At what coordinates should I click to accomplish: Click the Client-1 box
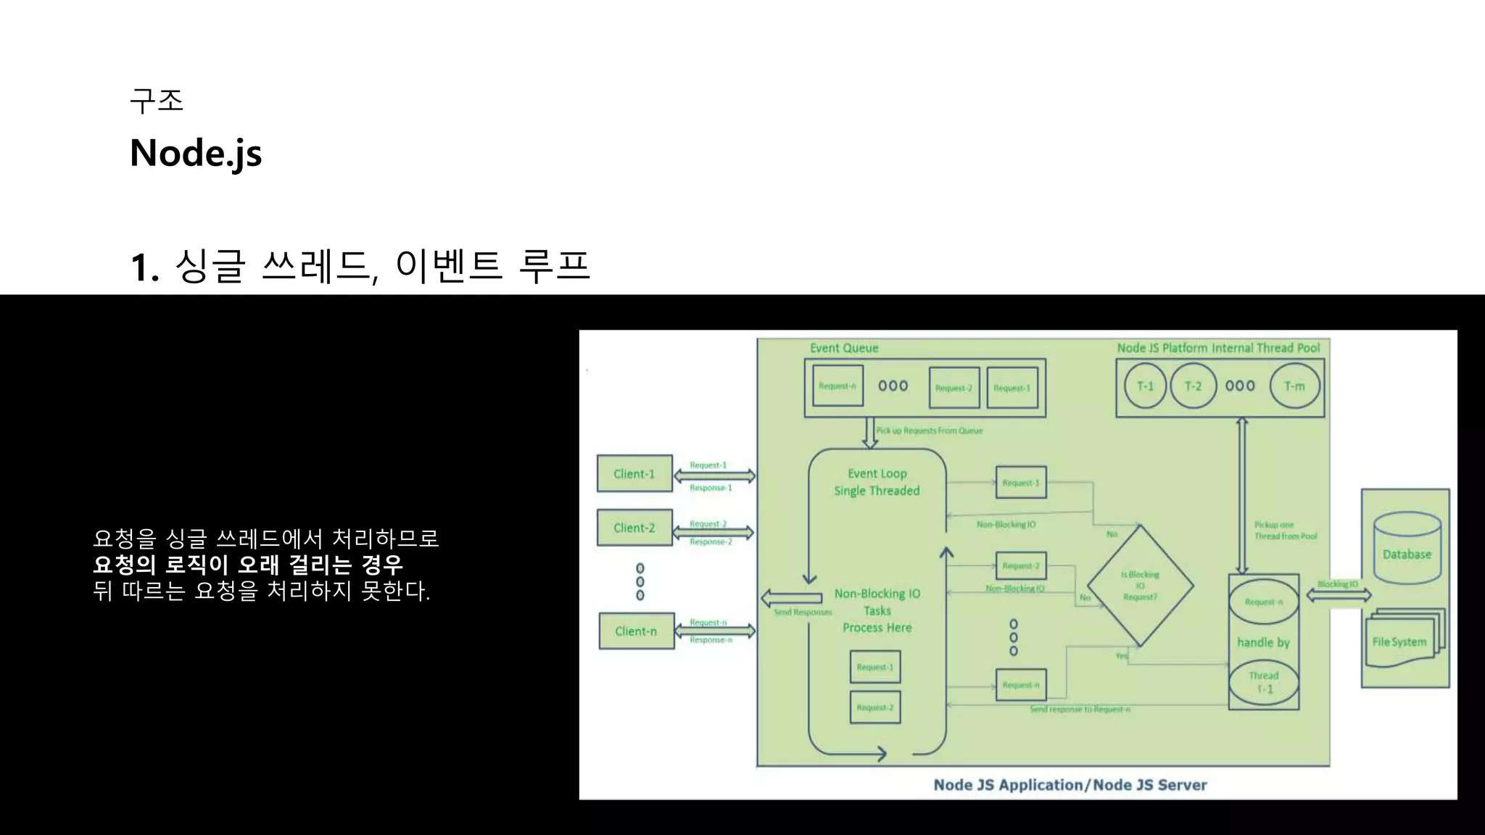pos(634,473)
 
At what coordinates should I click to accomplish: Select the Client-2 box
pos(634,528)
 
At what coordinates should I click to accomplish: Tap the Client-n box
pos(636,631)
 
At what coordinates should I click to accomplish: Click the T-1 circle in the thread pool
pos(1145,386)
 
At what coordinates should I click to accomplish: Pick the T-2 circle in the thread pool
pos(1193,386)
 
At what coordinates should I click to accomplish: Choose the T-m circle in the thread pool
pos(1294,386)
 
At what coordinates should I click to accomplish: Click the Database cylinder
pos(1407,549)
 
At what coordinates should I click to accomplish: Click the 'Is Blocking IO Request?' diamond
pos(1140,586)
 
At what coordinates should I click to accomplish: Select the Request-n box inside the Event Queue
pos(837,386)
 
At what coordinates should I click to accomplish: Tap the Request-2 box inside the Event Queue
pos(954,388)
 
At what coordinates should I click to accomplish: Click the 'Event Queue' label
pos(844,348)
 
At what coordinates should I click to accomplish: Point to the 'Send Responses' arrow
pos(791,598)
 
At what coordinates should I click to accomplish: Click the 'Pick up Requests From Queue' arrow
pos(870,433)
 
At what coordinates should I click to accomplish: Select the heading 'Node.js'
pos(196,153)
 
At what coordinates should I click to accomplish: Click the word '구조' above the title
pos(157,100)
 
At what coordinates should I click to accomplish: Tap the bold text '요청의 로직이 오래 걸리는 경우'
pos(248,565)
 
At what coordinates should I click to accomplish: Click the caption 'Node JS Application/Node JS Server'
pos(1070,785)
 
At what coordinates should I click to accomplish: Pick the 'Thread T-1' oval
pos(1264,682)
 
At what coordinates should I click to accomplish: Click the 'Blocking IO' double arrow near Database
pos(1339,595)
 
